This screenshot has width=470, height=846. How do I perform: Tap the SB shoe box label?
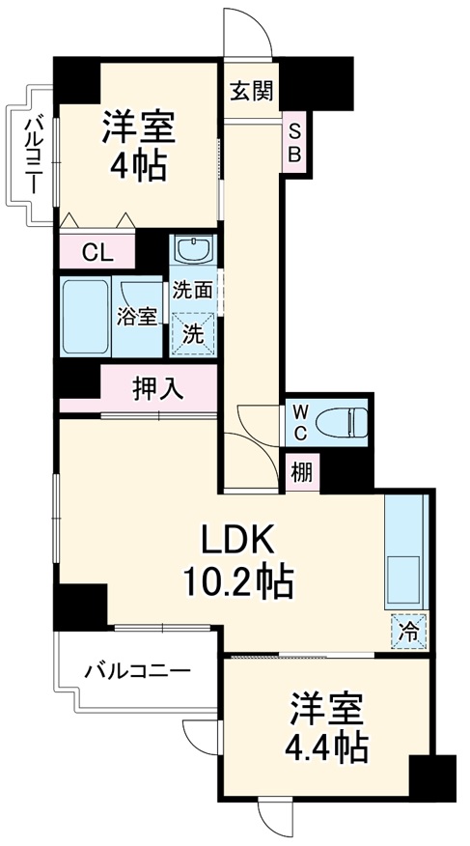point(295,143)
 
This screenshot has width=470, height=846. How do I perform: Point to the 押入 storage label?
point(157,390)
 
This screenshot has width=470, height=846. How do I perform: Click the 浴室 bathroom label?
point(137,316)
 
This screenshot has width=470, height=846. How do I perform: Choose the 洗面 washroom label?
point(193,289)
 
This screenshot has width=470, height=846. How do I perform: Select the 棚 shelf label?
point(301,473)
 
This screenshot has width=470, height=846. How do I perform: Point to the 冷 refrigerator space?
point(410,633)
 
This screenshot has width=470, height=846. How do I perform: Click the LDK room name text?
point(238,537)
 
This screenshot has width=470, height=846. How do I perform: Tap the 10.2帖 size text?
point(239,580)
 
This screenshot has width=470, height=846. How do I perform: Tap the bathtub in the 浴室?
point(85,317)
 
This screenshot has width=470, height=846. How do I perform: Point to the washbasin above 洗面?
point(194,251)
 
